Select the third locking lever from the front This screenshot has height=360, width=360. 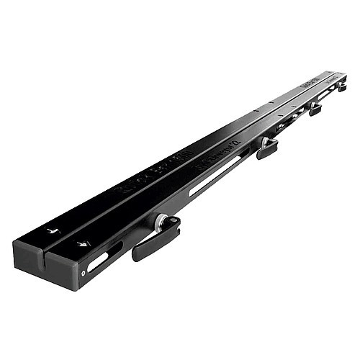pos(315,109)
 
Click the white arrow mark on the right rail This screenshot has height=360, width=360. pos(84,244)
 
